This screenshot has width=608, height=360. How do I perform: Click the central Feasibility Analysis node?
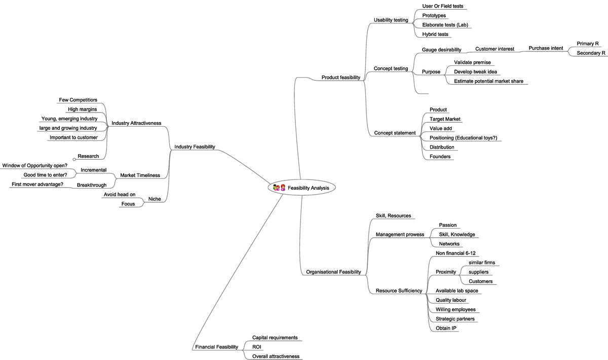click(x=308, y=188)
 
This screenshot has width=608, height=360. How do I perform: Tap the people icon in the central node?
click(x=279, y=188)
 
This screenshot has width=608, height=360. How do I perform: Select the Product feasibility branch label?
click(x=340, y=78)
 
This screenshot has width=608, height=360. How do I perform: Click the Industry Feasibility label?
click(x=195, y=147)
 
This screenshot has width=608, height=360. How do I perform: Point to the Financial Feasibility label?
click(x=216, y=347)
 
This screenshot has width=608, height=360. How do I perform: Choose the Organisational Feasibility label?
click(x=333, y=272)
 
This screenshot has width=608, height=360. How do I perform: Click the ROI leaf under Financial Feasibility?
click(x=257, y=347)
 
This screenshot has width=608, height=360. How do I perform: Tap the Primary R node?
click(x=588, y=44)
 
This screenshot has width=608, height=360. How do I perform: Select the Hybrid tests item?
click(x=435, y=34)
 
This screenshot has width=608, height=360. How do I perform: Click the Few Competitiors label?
click(x=78, y=100)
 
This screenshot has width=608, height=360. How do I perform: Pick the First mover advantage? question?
click(x=37, y=184)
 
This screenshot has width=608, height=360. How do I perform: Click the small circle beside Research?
click(x=74, y=159)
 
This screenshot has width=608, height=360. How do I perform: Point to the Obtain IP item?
click(x=446, y=328)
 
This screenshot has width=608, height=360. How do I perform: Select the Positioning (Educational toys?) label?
click(x=463, y=138)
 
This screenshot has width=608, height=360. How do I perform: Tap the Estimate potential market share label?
click(x=488, y=81)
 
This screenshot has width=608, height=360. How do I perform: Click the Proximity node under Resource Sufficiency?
click(x=445, y=272)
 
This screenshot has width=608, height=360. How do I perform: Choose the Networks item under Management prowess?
click(x=449, y=244)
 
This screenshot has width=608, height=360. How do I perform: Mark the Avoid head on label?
click(x=120, y=194)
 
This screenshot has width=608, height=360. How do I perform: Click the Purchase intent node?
click(x=546, y=48)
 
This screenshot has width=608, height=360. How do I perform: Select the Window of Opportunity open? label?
click(x=35, y=165)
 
